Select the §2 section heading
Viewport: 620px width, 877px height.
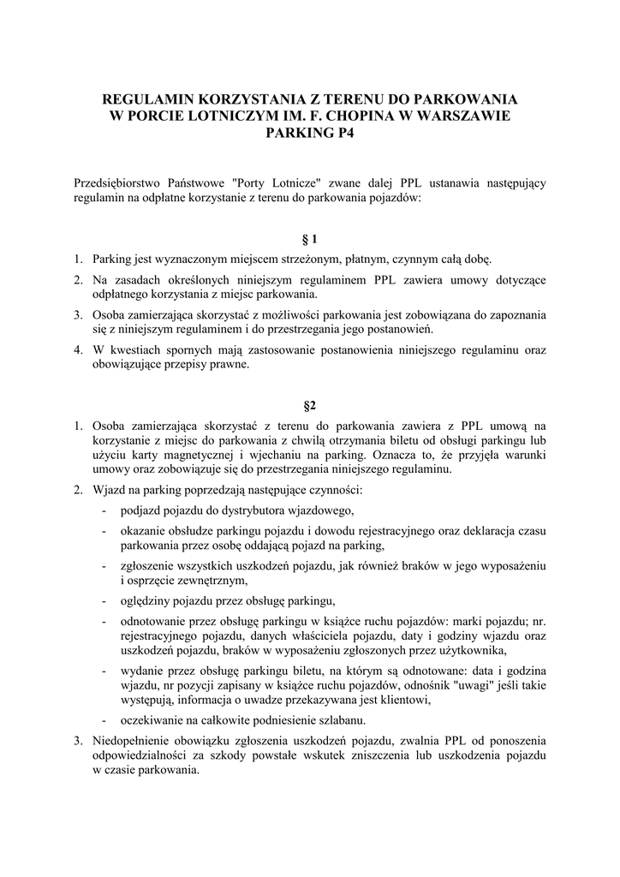310,402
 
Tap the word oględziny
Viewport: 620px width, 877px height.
146,599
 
